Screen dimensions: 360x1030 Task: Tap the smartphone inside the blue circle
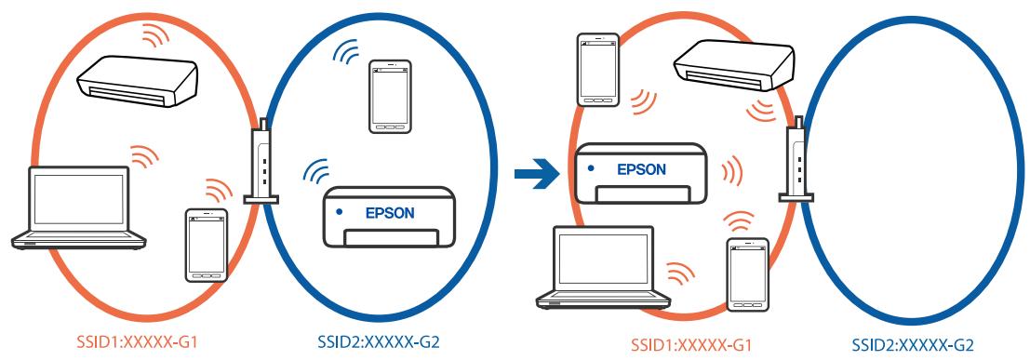(389, 98)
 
